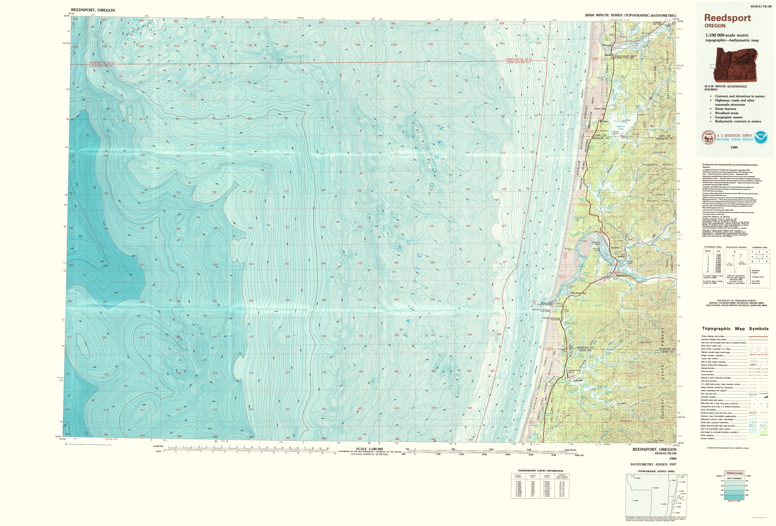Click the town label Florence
tap(607, 45)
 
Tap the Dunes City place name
tap(600, 109)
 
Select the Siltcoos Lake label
tap(621, 128)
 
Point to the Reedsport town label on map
tap(622, 275)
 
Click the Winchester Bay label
tap(578, 293)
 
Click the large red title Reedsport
tap(727, 18)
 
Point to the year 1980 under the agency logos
tap(734, 147)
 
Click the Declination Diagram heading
tap(736, 247)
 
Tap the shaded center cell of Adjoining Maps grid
tap(759, 256)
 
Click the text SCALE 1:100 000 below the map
tap(369, 449)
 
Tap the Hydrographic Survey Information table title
tap(540, 471)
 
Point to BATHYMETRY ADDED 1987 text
tap(653, 464)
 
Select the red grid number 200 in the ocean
tap(250, 228)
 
